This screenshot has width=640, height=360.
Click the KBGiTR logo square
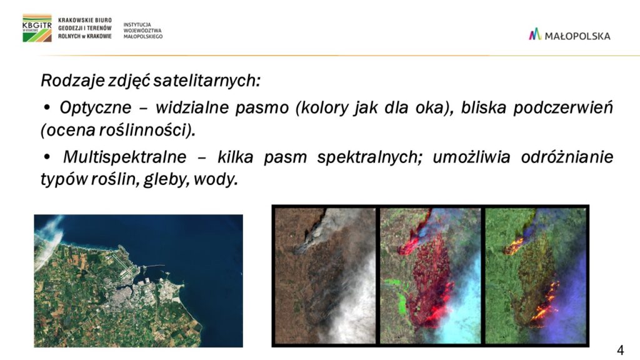37,28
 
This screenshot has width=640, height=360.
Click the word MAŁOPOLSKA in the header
577,36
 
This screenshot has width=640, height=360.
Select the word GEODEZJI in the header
71,28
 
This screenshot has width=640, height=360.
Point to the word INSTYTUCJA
137,25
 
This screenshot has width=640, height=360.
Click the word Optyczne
96,107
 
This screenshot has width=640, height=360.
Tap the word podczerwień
563,107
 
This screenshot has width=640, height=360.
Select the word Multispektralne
124,157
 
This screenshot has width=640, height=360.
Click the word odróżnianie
567,157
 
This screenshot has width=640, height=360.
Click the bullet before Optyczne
47,108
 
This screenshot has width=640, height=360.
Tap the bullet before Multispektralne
47,157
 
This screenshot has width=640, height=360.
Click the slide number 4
620,350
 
